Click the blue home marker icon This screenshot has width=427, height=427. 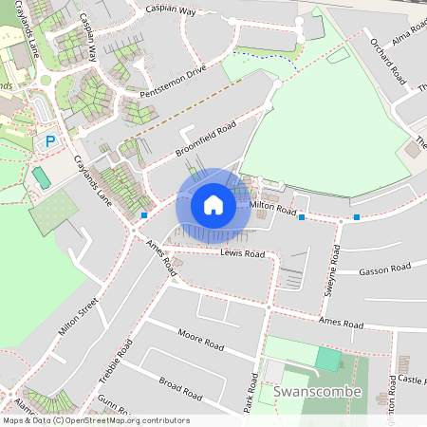[x=213, y=204]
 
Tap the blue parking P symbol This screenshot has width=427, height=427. [x=50, y=141]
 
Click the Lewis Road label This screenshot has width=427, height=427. [x=242, y=254]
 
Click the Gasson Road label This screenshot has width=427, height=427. [x=384, y=270]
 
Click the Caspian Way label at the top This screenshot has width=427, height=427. [x=171, y=10]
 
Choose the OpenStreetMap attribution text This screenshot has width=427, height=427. [x=95, y=420]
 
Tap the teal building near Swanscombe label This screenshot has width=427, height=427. [x=327, y=359]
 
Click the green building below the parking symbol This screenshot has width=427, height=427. [x=41, y=176]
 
